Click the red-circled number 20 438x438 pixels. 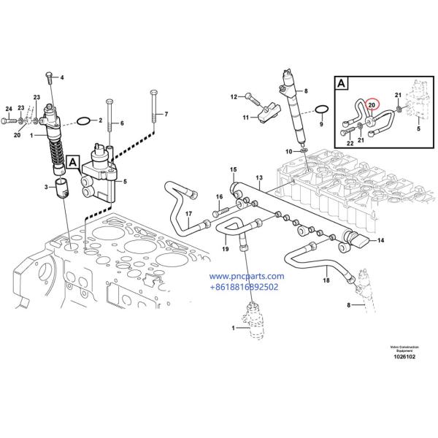tap(372, 105)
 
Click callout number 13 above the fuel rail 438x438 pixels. tap(258, 177)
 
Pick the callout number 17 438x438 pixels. tap(188, 214)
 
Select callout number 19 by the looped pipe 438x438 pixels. tap(226, 249)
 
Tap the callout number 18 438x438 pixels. tap(326, 280)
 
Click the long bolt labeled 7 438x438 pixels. tap(154, 113)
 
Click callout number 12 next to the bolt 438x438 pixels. tap(235, 96)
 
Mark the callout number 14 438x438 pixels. tap(380, 240)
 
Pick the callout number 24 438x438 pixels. tap(9, 109)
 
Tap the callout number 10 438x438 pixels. tap(288, 151)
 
